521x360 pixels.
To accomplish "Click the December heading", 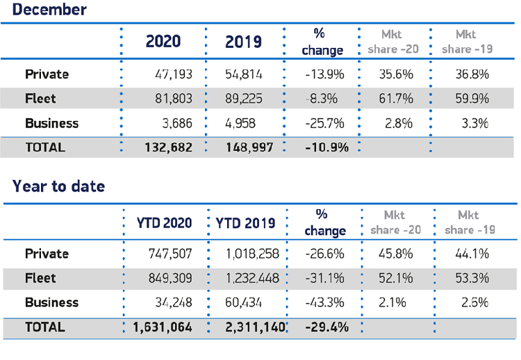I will [50, 10].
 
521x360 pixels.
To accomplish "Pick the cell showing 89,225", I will [243, 98].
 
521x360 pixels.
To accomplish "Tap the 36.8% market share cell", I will [470, 74].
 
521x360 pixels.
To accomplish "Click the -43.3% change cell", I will [324, 303].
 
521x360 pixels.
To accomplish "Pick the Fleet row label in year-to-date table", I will [40, 278].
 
